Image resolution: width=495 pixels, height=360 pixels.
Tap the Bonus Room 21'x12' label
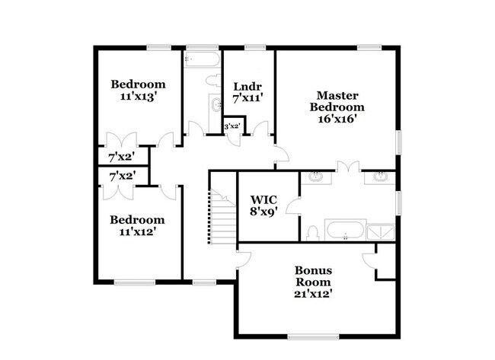click(x=313, y=281)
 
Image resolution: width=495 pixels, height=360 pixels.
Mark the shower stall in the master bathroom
click(x=380, y=230)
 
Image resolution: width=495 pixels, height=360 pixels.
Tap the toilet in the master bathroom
click(x=312, y=232)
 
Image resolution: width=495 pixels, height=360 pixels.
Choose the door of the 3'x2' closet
click(x=235, y=139)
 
